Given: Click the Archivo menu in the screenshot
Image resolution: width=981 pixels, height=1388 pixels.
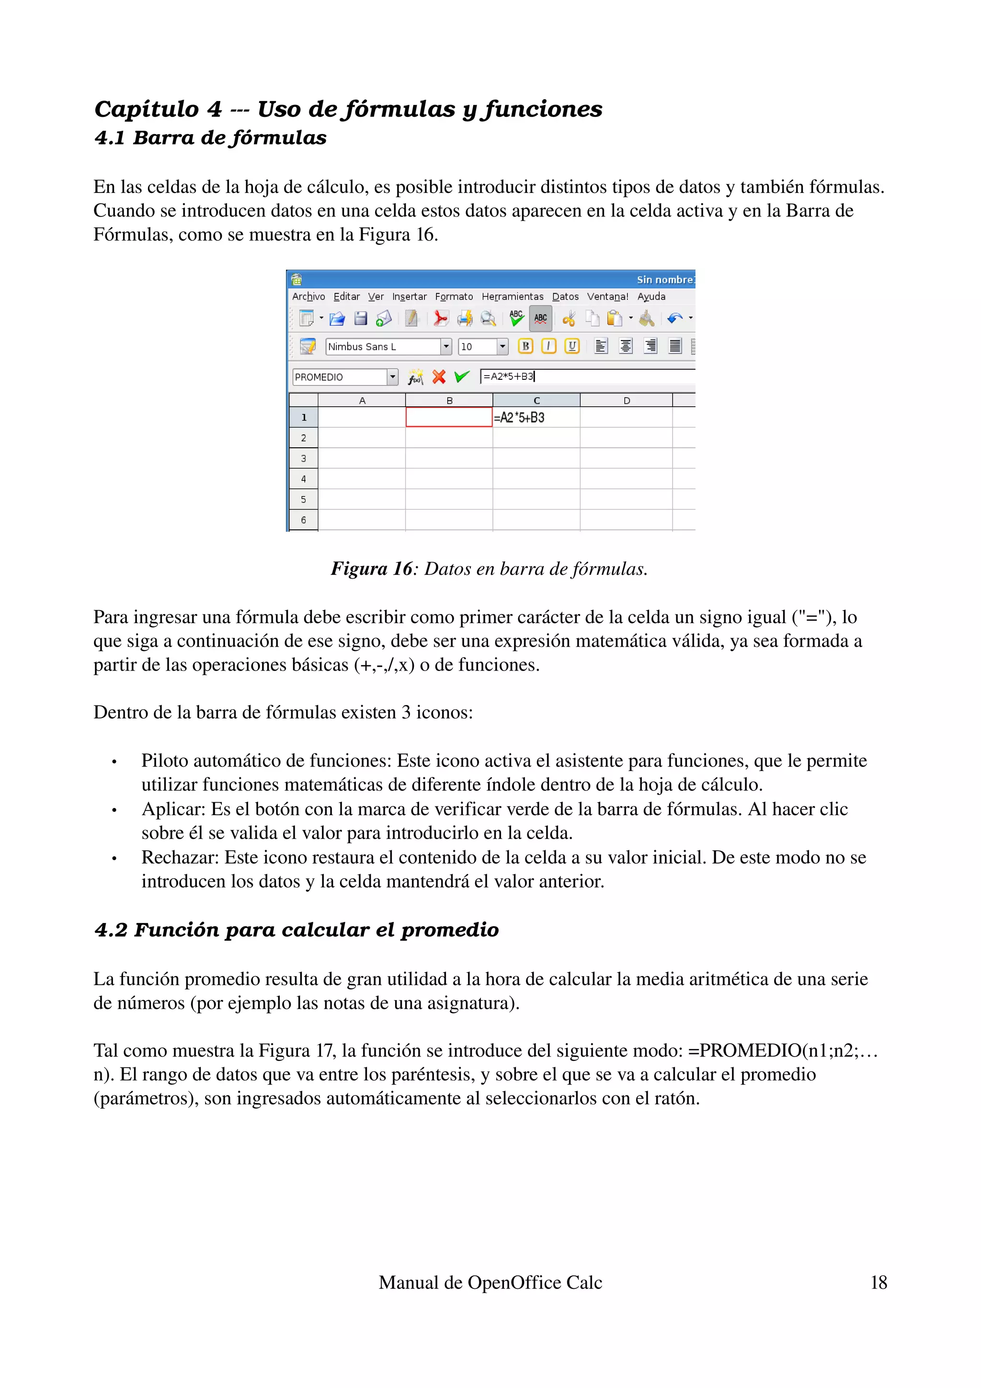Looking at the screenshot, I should click(x=308, y=296).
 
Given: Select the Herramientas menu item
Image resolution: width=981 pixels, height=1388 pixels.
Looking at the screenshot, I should click(x=512, y=296).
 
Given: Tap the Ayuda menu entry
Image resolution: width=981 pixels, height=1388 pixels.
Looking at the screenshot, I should click(x=651, y=296).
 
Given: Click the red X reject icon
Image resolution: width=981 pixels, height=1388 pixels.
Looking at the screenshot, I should click(x=439, y=376).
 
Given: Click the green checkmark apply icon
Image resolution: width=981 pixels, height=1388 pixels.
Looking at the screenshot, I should click(x=462, y=376).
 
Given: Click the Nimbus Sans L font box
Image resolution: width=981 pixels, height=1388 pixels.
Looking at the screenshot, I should click(x=383, y=346).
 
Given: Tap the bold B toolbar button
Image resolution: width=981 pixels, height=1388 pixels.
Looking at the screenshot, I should click(x=525, y=346).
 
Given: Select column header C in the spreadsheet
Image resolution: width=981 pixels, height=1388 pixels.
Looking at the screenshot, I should click(x=536, y=400).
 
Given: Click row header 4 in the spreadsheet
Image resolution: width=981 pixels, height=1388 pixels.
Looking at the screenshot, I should click(x=303, y=479).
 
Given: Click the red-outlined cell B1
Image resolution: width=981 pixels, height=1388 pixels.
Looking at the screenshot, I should click(x=448, y=417).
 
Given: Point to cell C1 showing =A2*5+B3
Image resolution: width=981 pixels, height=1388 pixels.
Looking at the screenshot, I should click(x=536, y=417).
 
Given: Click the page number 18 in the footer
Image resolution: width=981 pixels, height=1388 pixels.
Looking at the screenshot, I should click(x=878, y=1282).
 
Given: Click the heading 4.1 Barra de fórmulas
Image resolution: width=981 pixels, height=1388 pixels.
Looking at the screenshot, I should click(x=210, y=138).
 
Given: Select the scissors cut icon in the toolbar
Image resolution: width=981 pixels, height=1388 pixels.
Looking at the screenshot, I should click(x=569, y=318).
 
